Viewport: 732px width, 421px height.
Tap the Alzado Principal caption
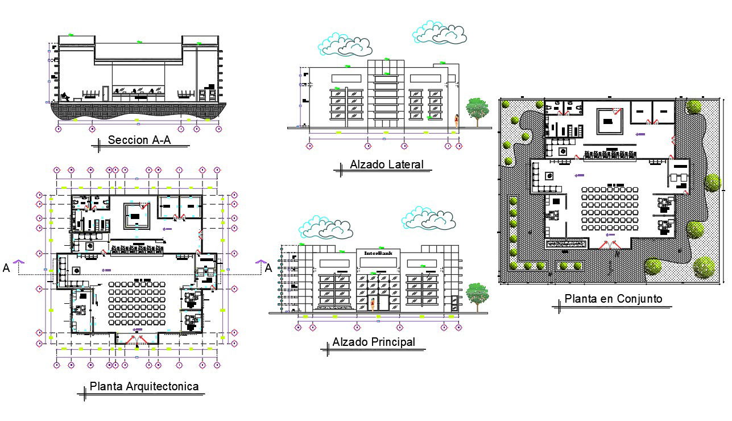pos(374,342)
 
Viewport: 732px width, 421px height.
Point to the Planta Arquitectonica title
pos(144,387)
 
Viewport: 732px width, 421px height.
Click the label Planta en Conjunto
pos(613,299)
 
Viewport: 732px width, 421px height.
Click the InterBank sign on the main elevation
pos(378,253)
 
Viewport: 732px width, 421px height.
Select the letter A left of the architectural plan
pos(6,269)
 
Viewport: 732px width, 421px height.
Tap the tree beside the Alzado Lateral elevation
pos(477,109)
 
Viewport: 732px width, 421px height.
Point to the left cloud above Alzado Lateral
pos(345,45)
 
